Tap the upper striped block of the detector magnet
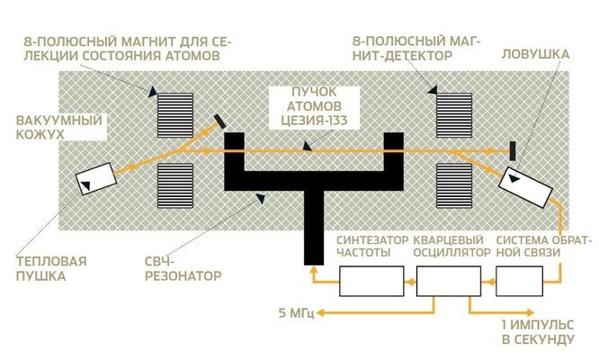pos(453,112)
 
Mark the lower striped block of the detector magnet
pos(453,184)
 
